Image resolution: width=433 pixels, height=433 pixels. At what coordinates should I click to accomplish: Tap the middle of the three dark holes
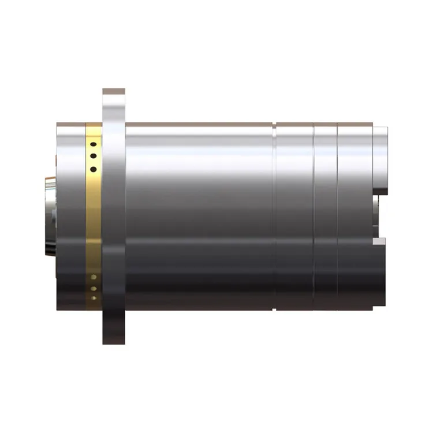pyautogui.click(x=92, y=156)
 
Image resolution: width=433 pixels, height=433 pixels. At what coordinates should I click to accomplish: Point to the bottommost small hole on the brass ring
pyautogui.click(x=94, y=298)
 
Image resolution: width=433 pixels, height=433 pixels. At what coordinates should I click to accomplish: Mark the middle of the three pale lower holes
pyautogui.click(x=94, y=288)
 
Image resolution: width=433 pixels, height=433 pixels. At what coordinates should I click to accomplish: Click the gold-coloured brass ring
pyautogui.click(x=94, y=219)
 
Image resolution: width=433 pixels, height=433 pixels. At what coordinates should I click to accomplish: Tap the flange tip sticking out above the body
pyautogui.click(x=114, y=104)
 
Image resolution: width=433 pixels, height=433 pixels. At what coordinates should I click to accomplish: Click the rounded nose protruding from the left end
pyautogui.click(x=50, y=216)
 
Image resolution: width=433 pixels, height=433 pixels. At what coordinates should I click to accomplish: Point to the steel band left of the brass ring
pyautogui.click(x=70, y=216)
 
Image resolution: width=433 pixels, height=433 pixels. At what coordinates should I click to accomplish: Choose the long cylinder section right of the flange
pyautogui.click(x=199, y=216)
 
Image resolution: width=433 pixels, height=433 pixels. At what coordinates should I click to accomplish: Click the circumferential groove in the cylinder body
pyautogui.click(x=275, y=216)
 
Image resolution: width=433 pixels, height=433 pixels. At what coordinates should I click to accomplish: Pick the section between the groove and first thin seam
pyautogui.click(x=294, y=216)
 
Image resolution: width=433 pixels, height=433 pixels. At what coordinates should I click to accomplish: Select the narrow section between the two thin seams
pyautogui.click(x=326, y=216)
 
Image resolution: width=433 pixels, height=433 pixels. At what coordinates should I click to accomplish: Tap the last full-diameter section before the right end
pyautogui.click(x=354, y=216)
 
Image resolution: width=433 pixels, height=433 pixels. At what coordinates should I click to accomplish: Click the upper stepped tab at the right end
pyautogui.click(x=380, y=159)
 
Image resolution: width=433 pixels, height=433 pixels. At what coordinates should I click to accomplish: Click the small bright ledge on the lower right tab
pyautogui.click(x=379, y=241)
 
